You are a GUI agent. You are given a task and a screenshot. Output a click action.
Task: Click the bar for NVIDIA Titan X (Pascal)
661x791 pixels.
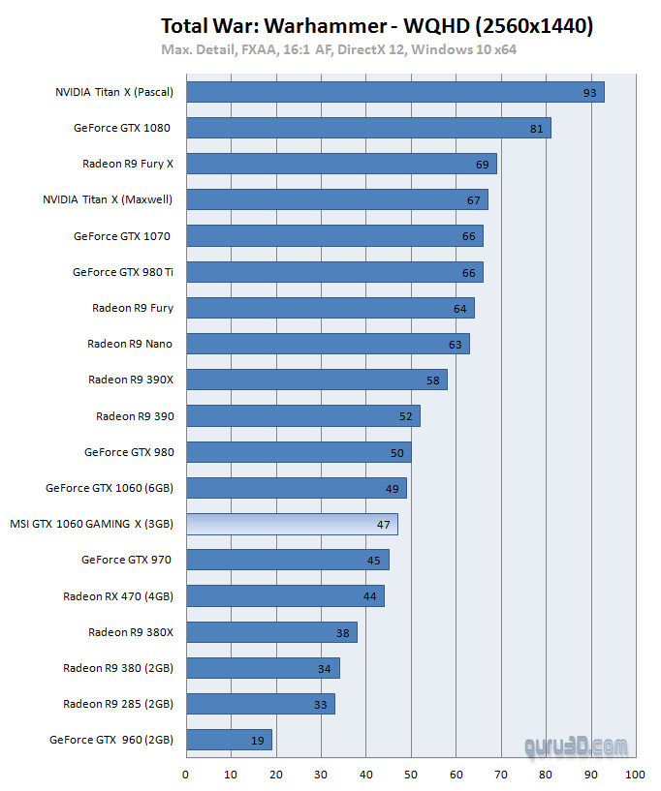[x=394, y=92]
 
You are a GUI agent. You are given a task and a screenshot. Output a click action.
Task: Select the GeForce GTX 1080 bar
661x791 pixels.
[x=368, y=128]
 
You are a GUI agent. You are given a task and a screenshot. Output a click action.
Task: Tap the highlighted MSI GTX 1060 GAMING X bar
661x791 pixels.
[x=292, y=524]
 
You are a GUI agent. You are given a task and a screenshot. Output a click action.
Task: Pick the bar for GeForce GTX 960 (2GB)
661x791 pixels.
[x=229, y=740]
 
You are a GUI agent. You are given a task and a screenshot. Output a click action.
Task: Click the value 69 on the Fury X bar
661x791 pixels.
[x=483, y=165]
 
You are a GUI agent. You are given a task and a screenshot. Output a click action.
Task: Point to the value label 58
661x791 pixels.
[x=433, y=380]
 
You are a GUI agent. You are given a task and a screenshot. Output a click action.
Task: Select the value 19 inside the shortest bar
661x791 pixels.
[x=258, y=741]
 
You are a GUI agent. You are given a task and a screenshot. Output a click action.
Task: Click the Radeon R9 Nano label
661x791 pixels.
[x=130, y=344]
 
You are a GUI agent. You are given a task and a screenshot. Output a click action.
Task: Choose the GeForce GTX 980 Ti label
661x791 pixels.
[x=123, y=272]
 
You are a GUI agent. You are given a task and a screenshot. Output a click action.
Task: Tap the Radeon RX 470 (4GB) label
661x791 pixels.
[x=118, y=595]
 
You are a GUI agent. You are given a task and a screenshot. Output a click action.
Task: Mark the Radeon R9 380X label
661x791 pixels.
[x=131, y=632]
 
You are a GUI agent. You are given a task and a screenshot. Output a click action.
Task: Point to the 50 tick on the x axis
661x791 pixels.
[x=411, y=775]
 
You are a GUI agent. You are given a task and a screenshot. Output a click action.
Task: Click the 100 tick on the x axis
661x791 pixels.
[x=636, y=775]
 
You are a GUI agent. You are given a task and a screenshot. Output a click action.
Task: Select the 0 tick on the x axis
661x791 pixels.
[x=186, y=775]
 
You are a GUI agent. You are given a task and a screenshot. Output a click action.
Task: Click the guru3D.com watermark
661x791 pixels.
[x=575, y=745]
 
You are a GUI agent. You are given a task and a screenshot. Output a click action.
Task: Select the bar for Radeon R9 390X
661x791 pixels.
[x=316, y=380]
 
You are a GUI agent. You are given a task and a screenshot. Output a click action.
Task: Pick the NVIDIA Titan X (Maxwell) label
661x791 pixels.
[x=108, y=199]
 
